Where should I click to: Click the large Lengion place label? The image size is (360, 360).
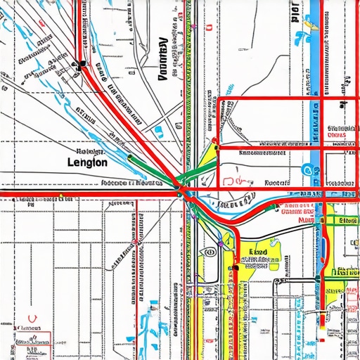tap(87, 162)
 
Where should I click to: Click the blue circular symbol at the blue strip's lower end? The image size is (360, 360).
tap(307, 169)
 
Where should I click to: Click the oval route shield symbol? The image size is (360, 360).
tap(209, 251)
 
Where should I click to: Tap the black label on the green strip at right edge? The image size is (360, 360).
tap(347, 220)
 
